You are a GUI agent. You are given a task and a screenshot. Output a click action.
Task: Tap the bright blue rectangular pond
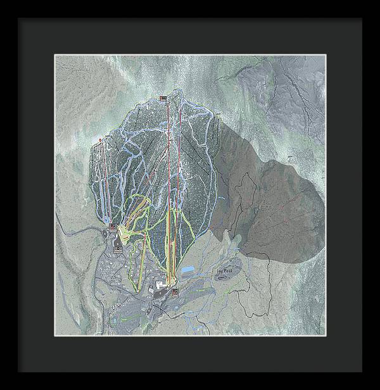(187, 270)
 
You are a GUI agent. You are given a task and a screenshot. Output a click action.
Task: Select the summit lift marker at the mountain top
(163, 97)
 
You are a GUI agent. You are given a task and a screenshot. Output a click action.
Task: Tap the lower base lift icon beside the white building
(174, 292)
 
